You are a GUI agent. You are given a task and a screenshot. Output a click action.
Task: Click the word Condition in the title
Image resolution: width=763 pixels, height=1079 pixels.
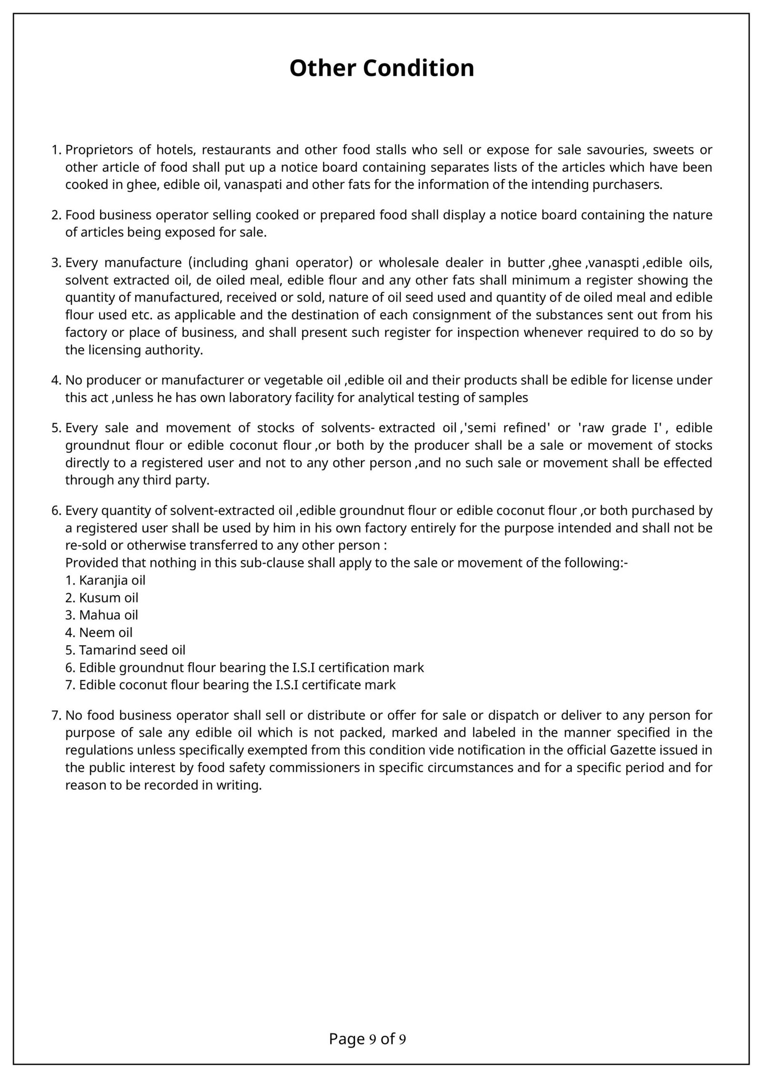[418, 68]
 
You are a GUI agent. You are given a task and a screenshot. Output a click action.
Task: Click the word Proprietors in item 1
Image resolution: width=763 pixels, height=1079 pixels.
[98, 150]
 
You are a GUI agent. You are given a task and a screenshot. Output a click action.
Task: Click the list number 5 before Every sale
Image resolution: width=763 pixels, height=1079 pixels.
[54, 428]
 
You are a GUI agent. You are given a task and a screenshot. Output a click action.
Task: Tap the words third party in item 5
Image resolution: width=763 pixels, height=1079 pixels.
[176, 480]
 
